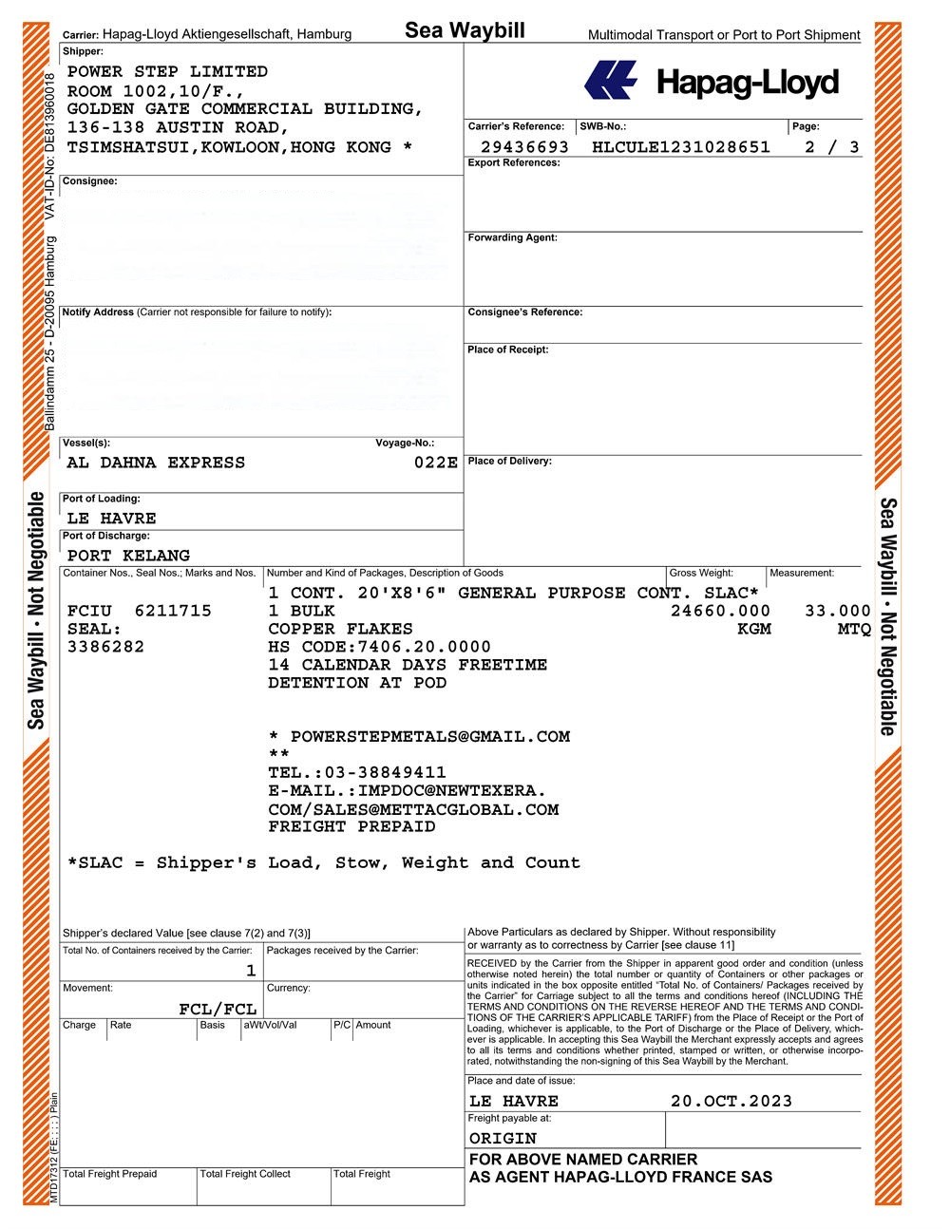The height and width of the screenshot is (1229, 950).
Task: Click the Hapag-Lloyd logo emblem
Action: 610,81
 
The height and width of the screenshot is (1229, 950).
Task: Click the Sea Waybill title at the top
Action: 465,30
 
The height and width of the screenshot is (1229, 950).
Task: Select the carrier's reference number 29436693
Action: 524,147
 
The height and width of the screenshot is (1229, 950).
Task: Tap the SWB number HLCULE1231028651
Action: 680,147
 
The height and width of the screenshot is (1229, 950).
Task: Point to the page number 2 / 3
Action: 831,147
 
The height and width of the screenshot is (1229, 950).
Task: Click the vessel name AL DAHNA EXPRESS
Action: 156,463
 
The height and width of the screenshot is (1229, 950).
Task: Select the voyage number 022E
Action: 436,463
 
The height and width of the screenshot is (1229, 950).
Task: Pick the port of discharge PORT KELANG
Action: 128,556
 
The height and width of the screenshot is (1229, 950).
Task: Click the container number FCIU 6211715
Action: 140,611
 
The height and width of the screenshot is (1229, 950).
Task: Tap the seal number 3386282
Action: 105,647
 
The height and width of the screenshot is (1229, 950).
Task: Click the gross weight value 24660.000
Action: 720,611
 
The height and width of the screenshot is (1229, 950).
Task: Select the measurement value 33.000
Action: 837,611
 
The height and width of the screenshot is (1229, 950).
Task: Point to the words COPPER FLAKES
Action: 340,629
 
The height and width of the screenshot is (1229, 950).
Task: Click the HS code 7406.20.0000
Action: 425,647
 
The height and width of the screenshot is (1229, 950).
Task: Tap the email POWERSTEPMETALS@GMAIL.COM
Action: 430,736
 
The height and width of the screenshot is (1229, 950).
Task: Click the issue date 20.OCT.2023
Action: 731,1102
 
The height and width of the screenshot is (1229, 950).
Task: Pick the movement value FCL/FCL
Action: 218,1009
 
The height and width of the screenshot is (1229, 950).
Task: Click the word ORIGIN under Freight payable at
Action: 503,1138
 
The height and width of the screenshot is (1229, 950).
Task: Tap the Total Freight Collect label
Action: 245,1174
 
